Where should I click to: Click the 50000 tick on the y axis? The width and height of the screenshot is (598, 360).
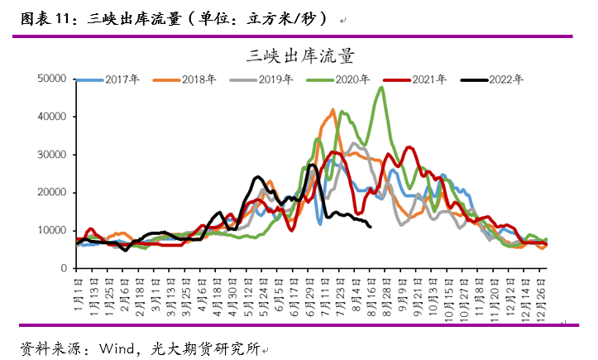click(52, 79)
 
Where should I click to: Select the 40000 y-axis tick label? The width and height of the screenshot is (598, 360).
click(52, 117)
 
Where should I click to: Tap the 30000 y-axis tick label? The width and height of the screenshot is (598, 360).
click(52, 155)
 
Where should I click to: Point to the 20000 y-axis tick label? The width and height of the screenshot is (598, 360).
click(52, 193)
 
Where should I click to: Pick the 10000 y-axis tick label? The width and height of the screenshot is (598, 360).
click(52, 231)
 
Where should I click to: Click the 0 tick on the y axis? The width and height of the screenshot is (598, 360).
click(62, 269)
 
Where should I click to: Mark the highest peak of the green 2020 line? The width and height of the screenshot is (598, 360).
click(381, 88)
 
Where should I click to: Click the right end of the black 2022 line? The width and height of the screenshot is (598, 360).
click(370, 226)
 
